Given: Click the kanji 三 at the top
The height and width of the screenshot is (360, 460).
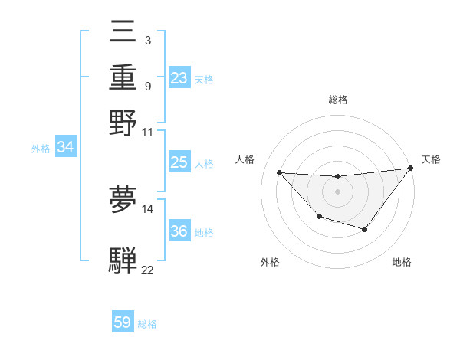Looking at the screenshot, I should click(x=123, y=34).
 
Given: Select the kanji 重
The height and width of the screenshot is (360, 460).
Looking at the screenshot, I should click(x=123, y=78).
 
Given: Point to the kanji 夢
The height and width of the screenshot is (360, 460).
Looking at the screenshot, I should click(x=123, y=200).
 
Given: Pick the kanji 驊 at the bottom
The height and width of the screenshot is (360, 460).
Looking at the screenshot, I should click(x=123, y=260).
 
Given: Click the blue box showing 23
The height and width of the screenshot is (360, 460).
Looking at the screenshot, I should click(x=179, y=78).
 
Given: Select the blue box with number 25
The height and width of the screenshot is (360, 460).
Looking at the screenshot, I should click(x=179, y=162).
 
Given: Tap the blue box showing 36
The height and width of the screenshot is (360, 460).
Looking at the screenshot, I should click(x=179, y=232).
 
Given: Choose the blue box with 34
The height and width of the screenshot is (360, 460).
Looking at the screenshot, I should click(x=65, y=148).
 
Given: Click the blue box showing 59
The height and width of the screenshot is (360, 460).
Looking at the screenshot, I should click(x=123, y=322).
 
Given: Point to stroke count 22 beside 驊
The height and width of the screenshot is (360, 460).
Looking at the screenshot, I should click(x=147, y=270).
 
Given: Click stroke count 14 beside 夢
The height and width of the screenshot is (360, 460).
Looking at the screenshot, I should click(x=147, y=208).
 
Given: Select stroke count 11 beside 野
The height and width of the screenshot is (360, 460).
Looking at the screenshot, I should click(x=147, y=132).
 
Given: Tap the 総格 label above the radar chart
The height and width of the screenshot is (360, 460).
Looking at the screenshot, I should click(x=337, y=100).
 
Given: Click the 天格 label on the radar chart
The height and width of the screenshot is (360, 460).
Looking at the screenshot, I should click(x=432, y=159).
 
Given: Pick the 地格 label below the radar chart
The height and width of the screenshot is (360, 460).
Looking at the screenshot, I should click(x=402, y=262).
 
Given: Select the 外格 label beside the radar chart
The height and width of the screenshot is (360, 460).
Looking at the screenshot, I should click(x=270, y=262).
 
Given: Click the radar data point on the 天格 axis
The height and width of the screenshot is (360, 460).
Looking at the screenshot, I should click(x=411, y=168).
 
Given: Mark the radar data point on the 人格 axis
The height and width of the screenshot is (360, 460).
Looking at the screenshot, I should click(x=279, y=172).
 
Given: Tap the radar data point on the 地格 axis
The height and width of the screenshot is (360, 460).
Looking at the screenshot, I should click(x=365, y=229).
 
